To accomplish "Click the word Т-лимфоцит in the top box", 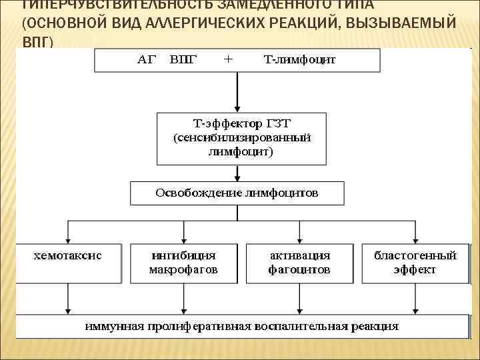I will (x=300, y=60).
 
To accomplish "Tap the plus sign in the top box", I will (x=228, y=59).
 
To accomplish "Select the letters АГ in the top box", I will (x=146, y=60).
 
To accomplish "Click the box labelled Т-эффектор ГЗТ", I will (x=241, y=139).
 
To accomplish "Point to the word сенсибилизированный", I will (x=241, y=138).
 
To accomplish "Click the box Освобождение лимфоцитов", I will (x=237, y=193).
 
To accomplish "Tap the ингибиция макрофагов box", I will (x=183, y=263).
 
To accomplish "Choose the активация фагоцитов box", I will (x=299, y=263).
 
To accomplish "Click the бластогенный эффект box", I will (x=415, y=263).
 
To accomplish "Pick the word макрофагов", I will (x=183, y=270).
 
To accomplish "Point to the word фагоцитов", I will (x=299, y=270).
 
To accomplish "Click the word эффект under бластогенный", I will (x=415, y=270).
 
